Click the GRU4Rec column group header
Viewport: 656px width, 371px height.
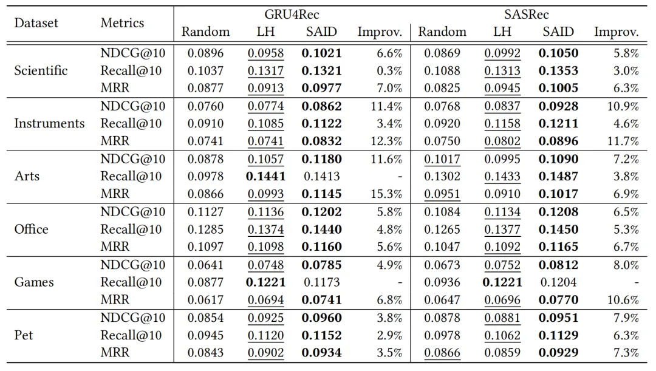coord(292,14)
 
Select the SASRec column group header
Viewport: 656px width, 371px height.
coord(526,14)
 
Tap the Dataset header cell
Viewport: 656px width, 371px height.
coord(36,23)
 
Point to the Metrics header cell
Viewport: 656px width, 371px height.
coord(122,23)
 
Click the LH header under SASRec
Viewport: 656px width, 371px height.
coord(502,32)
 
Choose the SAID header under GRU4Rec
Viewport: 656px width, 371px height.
coord(321,32)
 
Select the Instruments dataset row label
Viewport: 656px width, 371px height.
coord(49,124)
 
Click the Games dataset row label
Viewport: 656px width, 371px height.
coord(34,282)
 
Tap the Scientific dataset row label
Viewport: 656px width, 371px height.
coord(41,71)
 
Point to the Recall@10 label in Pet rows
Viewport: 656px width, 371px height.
coord(131,335)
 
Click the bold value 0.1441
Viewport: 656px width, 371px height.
coord(265,177)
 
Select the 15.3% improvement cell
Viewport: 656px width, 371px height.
coord(388,194)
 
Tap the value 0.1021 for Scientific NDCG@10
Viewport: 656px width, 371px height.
coord(321,53)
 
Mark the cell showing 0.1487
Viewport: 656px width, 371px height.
coord(558,177)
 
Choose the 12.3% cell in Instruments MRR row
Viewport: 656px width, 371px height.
coord(388,141)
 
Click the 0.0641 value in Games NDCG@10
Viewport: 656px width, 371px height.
coord(205,265)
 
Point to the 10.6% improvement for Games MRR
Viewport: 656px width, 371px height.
coord(625,300)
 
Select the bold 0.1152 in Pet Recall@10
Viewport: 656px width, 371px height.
coord(321,335)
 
